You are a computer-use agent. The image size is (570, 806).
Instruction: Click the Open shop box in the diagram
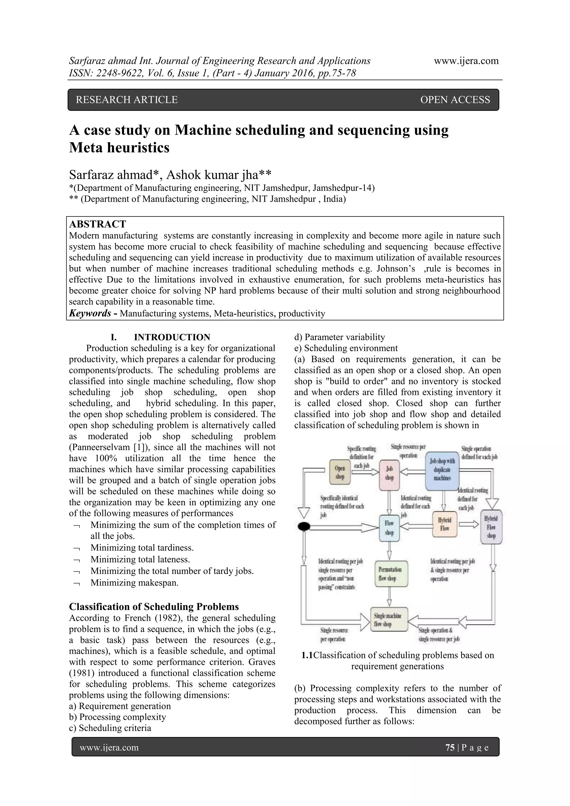coord(340,472)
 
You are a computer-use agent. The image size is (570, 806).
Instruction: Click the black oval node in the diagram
coord(304,526)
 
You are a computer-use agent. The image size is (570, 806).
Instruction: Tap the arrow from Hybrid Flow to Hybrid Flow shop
coord(468,524)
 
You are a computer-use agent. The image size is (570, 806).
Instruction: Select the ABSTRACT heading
coord(97,224)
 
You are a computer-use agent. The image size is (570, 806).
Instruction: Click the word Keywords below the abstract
coord(90,313)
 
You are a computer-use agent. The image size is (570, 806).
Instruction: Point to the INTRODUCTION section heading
coord(172,337)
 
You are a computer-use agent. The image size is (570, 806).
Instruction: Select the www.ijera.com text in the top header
coord(466,61)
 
